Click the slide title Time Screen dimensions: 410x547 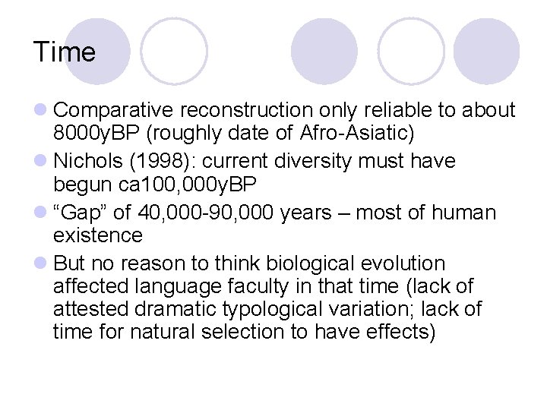[65, 52]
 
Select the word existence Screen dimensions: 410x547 [98, 235]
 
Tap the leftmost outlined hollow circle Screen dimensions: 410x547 [174, 51]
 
